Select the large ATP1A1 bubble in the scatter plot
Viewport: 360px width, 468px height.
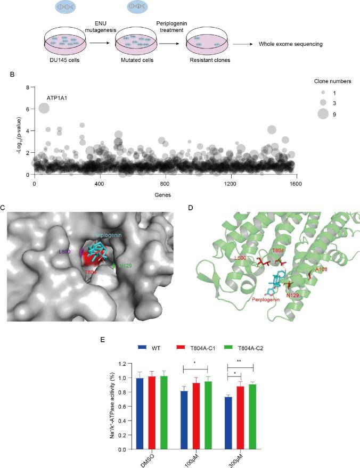pos(44,109)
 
